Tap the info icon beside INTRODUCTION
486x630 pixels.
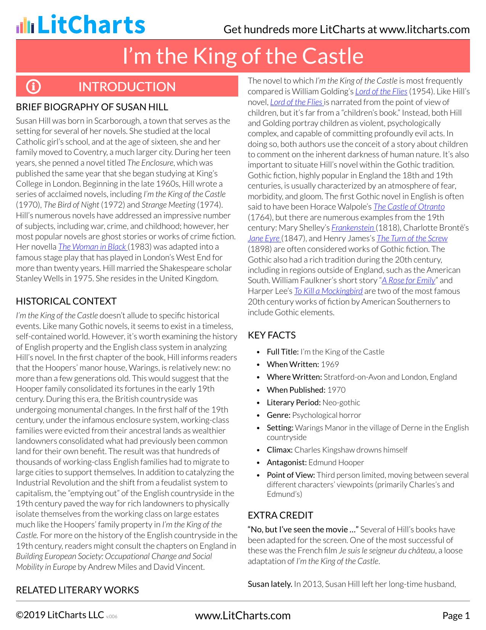coord(34,87)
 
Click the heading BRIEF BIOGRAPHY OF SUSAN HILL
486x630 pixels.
coord(92,107)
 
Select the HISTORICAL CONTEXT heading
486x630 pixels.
coord(66,301)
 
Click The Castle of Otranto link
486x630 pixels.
coord(409,207)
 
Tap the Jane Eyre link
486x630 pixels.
coord(264,238)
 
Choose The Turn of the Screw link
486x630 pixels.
coord(412,238)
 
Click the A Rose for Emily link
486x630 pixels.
coord(408,280)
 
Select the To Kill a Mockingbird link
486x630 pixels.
coord(328,291)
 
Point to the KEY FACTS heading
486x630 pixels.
coord(271,335)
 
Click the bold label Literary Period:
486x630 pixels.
coord(294,403)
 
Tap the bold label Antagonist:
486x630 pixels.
coord(287,462)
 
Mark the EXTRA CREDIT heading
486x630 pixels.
coord(280,515)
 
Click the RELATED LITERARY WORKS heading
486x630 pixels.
coord(77,590)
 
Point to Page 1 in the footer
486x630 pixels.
coord(456,615)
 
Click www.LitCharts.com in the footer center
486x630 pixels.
coord(242,615)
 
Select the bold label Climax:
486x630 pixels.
coord(279,450)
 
